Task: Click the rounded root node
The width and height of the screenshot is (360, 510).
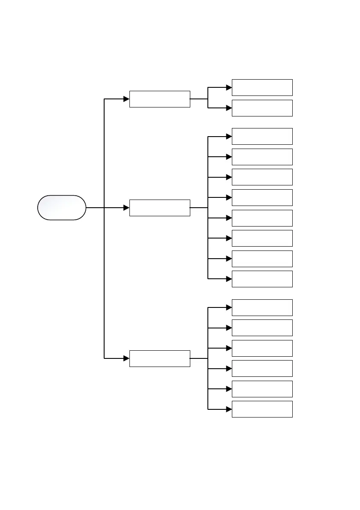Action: click(62, 208)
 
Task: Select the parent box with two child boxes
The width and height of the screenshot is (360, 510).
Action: click(159, 99)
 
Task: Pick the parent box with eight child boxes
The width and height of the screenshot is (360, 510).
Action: click(159, 208)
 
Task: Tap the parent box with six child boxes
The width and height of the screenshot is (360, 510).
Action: click(159, 358)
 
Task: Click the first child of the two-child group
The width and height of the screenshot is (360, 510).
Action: click(262, 87)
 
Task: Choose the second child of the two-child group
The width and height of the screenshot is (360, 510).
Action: click(262, 108)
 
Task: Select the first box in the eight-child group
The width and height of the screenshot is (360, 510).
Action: click(262, 136)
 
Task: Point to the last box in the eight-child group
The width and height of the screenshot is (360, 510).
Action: click(262, 279)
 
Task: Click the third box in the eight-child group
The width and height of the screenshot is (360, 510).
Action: click(262, 177)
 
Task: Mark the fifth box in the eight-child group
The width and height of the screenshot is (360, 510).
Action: click(262, 218)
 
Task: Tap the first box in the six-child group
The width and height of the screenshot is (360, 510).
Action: click(262, 307)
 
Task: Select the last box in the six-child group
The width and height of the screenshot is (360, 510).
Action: click(262, 409)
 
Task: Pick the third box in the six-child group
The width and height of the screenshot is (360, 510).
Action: click(262, 348)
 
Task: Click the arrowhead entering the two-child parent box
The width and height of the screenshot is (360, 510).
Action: click(126, 99)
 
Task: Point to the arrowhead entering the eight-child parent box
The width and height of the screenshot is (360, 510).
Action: click(126, 208)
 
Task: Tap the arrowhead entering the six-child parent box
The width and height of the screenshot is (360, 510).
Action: click(126, 358)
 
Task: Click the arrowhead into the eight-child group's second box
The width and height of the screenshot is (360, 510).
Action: click(229, 157)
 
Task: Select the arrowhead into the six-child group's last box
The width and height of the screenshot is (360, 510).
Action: click(229, 409)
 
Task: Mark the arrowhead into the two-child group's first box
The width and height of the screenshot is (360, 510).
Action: click(229, 87)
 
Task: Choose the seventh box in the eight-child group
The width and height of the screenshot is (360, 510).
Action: click(262, 259)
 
